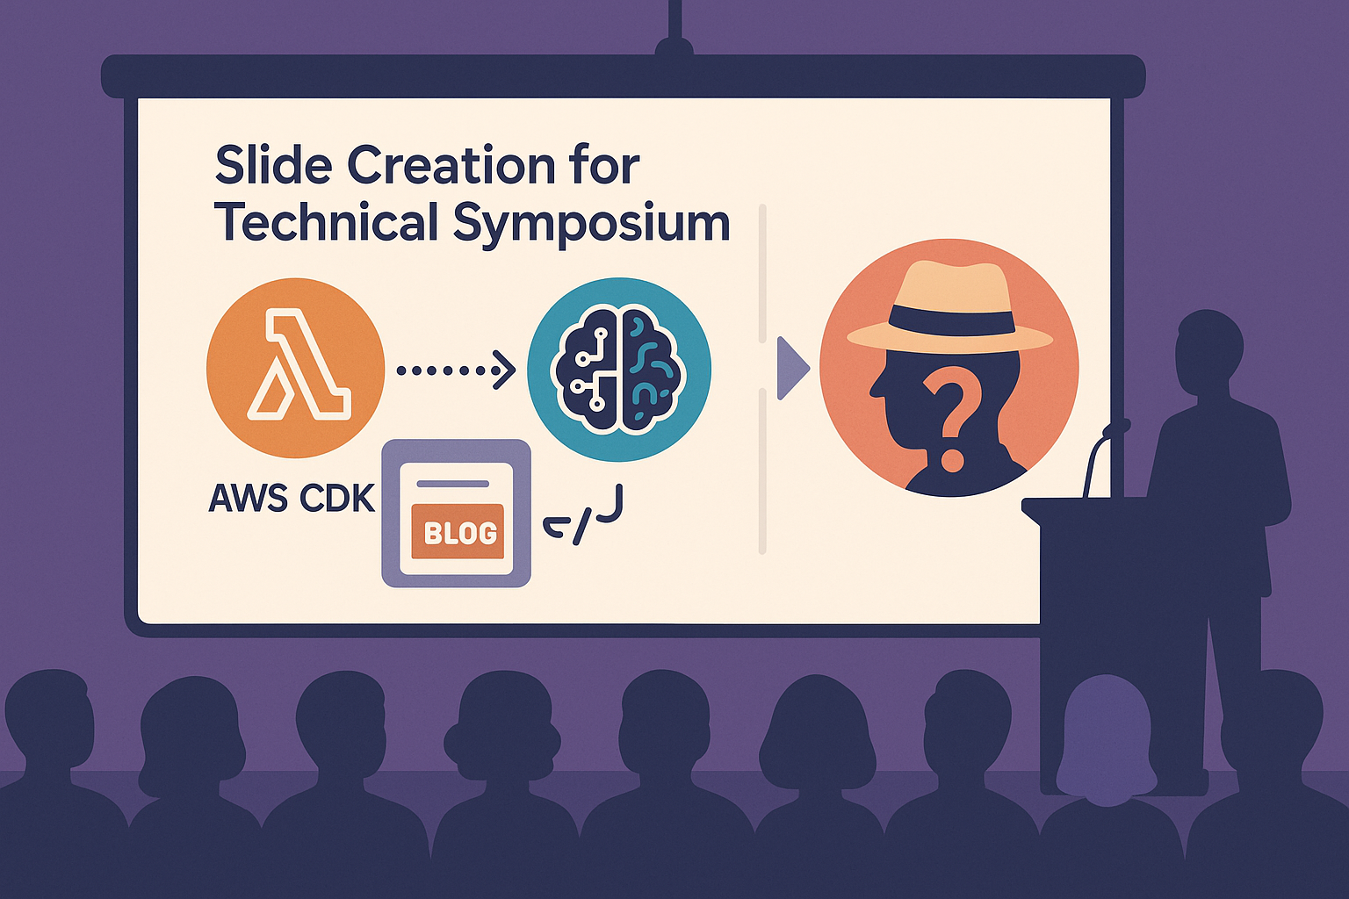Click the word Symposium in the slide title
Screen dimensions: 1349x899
tap(591, 224)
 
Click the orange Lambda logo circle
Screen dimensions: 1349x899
tap(295, 368)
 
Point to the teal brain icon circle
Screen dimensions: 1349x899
tap(619, 369)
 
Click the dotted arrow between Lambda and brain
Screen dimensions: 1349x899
tap(456, 370)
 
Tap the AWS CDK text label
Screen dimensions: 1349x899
tap(292, 500)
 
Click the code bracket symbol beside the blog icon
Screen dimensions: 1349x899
tap(582, 516)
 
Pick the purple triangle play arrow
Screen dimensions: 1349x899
tap(792, 369)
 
